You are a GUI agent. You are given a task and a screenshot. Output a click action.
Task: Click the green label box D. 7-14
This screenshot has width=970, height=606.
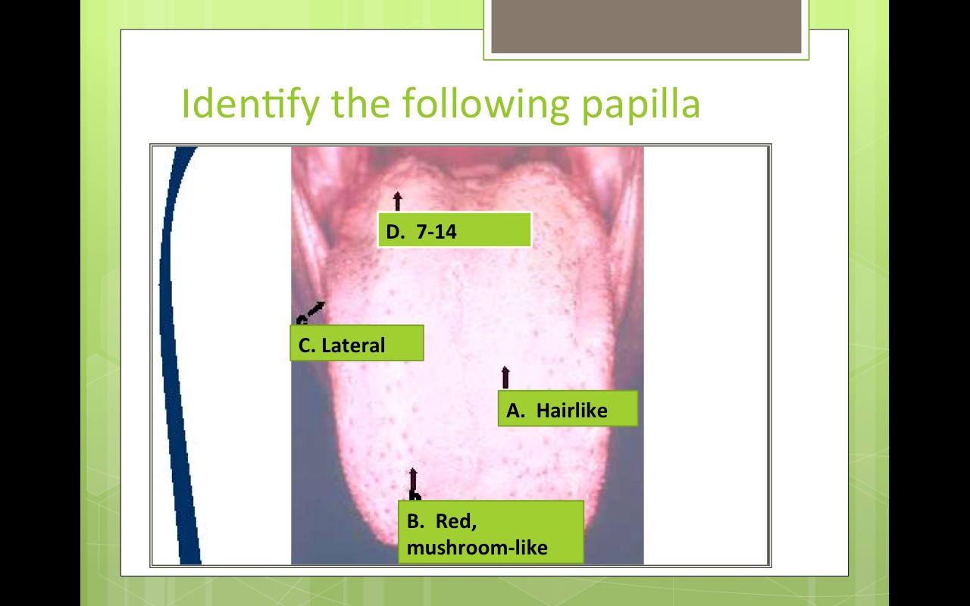(454, 230)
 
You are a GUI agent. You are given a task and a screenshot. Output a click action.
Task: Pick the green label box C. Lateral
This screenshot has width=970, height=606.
(356, 344)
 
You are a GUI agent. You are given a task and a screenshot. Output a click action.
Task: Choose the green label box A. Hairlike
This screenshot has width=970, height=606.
(567, 409)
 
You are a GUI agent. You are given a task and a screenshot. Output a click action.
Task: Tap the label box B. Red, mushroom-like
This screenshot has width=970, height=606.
(491, 533)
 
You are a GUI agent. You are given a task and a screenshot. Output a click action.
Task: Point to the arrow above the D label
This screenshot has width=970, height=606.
(397, 201)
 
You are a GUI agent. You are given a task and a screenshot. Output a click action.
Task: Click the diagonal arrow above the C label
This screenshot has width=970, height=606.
(313, 311)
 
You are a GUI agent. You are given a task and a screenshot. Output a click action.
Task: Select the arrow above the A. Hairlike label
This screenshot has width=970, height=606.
(505, 377)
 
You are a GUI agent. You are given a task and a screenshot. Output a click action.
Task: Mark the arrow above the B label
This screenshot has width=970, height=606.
(413, 483)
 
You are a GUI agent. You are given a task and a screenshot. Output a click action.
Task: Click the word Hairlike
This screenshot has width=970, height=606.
(571, 411)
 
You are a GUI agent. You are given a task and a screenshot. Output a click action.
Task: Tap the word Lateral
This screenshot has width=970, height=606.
(353, 345)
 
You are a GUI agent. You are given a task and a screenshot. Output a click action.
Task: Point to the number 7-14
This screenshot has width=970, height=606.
(436, 232)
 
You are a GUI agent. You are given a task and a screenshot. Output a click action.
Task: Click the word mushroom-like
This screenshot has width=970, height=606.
(477, 547)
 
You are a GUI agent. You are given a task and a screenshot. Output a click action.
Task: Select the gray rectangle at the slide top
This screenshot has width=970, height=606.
(646, 27)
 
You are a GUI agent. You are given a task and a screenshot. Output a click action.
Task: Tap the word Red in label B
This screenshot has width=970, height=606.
(455, 521)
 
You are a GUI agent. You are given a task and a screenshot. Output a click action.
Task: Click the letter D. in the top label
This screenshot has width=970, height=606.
(396, 232)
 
